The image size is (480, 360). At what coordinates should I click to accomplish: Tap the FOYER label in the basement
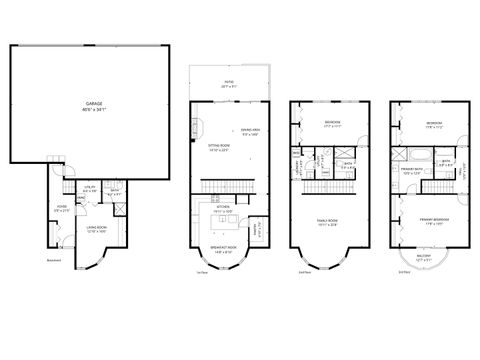pyautogui.click(x=60, y=209)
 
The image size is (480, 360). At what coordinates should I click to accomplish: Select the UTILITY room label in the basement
pyautogui.click(x=88, y=187)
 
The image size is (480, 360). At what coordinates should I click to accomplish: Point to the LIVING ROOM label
pyautogui.click(x=96, y=229)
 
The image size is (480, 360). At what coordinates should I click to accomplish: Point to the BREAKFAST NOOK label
pyautogui.click(x=223, y=250)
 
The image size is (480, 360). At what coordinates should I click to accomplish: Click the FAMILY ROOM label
pyautogui.click(x=327, y=223)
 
